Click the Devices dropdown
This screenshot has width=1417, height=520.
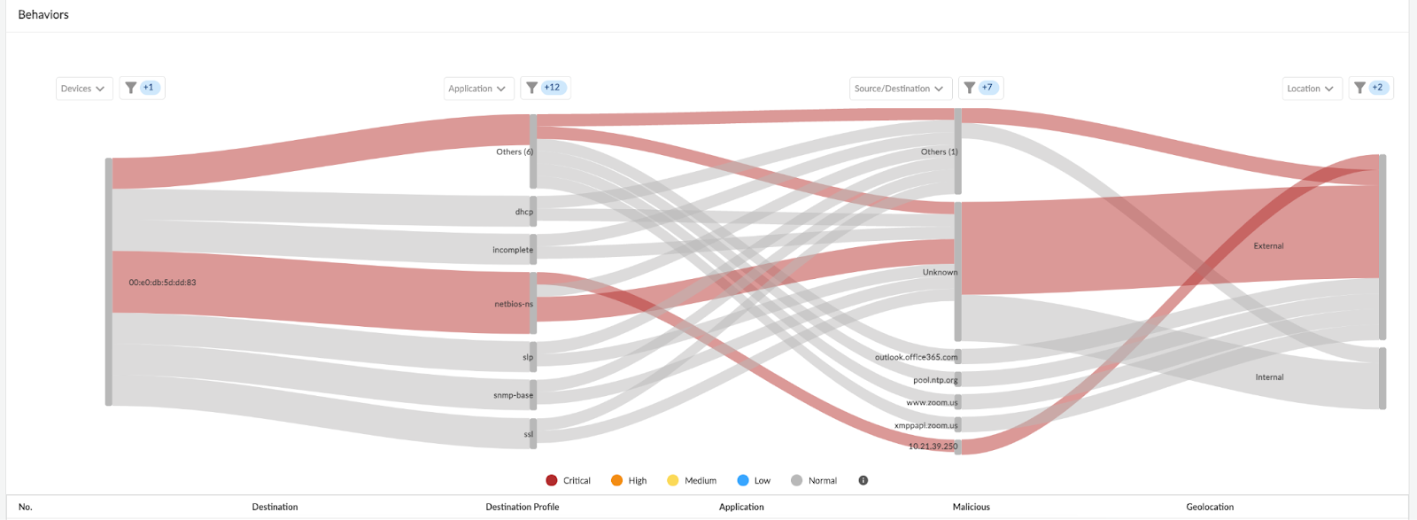pos(84,89)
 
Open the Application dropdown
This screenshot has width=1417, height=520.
pos(478,89)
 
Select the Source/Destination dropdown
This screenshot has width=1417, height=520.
pos(901,89)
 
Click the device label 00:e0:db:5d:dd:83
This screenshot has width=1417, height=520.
pos(162,283)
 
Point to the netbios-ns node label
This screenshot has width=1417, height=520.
pos(514,304)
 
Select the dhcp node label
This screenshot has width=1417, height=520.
pos(524,212)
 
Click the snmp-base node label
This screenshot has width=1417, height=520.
pos(513,395)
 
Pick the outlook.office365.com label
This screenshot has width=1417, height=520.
pos(916,357)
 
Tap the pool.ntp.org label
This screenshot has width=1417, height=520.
pos(935,380)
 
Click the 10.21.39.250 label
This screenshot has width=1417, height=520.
pos(933,446)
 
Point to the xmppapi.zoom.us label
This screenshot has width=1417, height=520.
pos(925,425)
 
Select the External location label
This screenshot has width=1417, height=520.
pos(1268,246)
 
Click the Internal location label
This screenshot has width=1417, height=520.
pos(1269,377)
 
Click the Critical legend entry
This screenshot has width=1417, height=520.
pos(569,480)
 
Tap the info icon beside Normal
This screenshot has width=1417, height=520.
pos(863,480)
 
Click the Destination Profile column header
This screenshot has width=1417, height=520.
pos(522,507)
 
